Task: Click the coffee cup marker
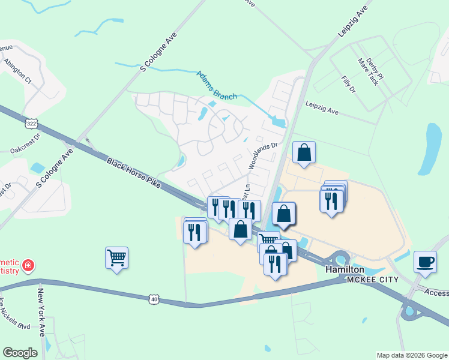pyautogui.click(x=425, y=263)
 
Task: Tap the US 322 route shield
pyautogui.click(x=30, y=123)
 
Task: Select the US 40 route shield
pyautogui.click(x=154, y=298)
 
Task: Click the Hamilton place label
pyautogui.click(x=346, y=269)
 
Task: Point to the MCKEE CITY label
pyautogui.click(x=368, y=280)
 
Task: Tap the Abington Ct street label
pyautogui.click(x=17, y=69)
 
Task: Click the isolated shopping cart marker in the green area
pyautogui.click(x=116, y=258)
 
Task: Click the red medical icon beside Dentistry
pyautogui.click(x=27, y=265)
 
